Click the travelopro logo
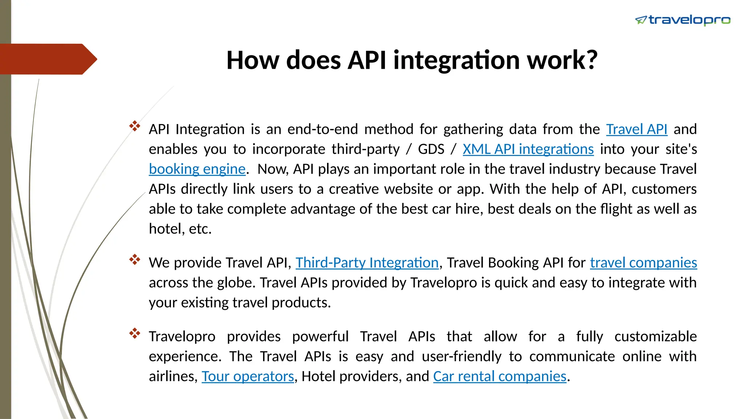(682, 20)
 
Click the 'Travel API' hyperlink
(637, 129)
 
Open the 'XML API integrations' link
(528, 149)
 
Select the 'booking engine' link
(197, 169)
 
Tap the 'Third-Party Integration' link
(367, 263)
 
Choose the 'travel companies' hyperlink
(643, 263)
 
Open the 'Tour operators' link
(248, 376)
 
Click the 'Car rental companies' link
(499, 376)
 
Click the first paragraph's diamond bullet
(135, 126)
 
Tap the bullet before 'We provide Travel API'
(135, 260)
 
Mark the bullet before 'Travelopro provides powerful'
(135, 334)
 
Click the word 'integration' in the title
(457, 60)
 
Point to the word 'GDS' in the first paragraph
(431, 149)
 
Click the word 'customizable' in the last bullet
(656, 336)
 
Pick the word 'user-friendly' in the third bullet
(462, 356)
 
